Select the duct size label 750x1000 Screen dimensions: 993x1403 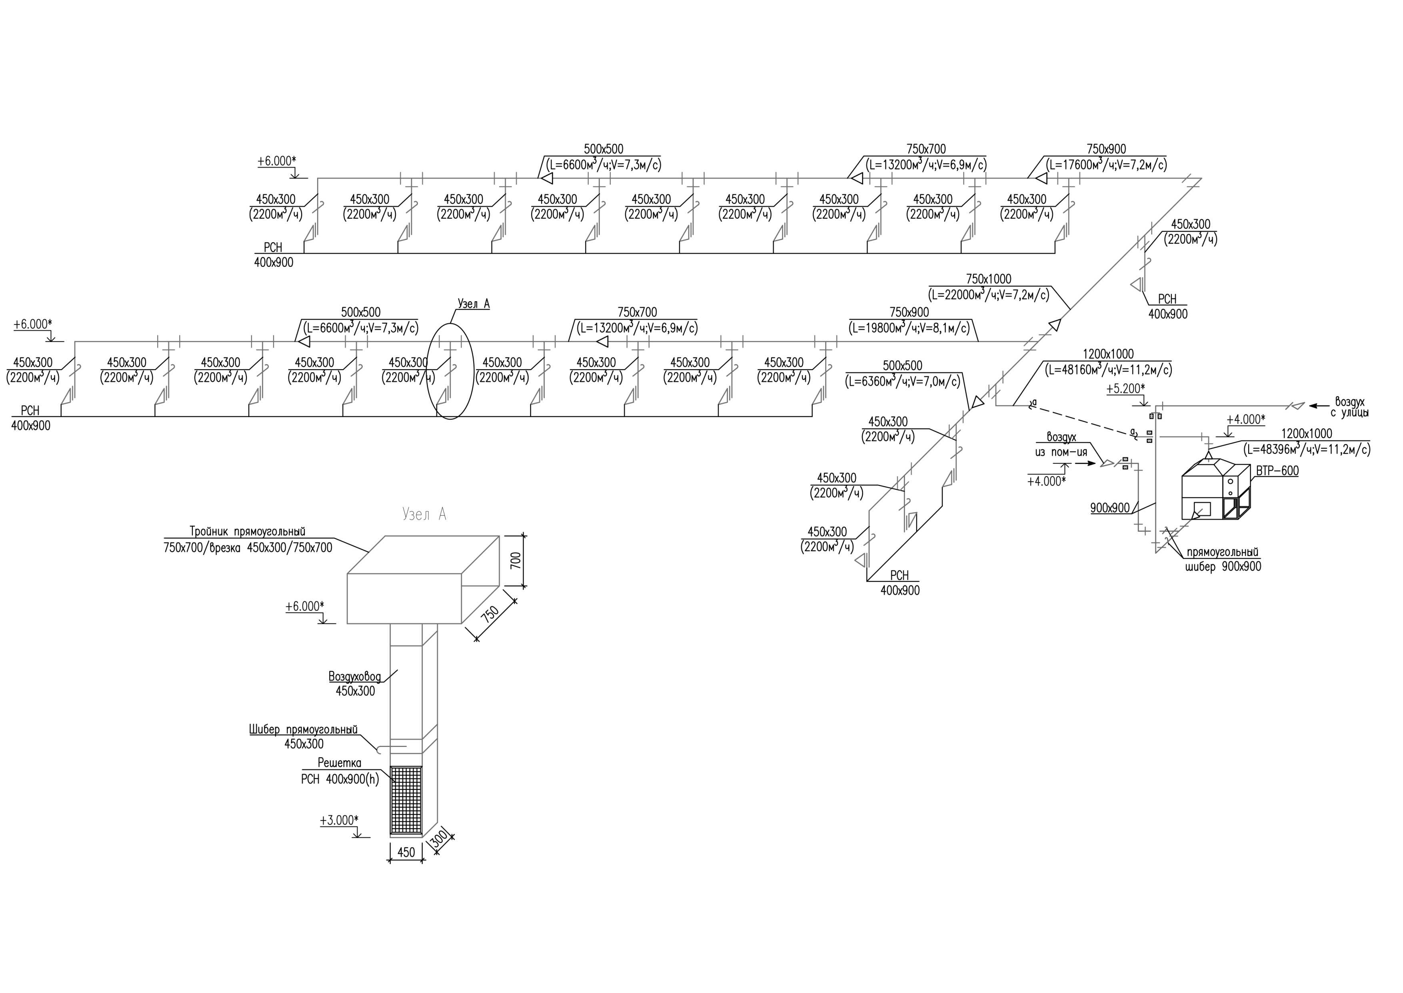(989, 279)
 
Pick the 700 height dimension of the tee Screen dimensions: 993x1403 (516, 560)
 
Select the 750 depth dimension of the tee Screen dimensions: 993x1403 (490, 614)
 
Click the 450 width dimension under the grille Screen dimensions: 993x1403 (406, 852)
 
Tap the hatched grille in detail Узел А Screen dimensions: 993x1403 (406, 801)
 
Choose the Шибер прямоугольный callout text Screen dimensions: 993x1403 (303, 729)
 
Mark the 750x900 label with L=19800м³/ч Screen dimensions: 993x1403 (909, 312)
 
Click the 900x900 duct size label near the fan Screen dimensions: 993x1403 (1110, 508)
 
